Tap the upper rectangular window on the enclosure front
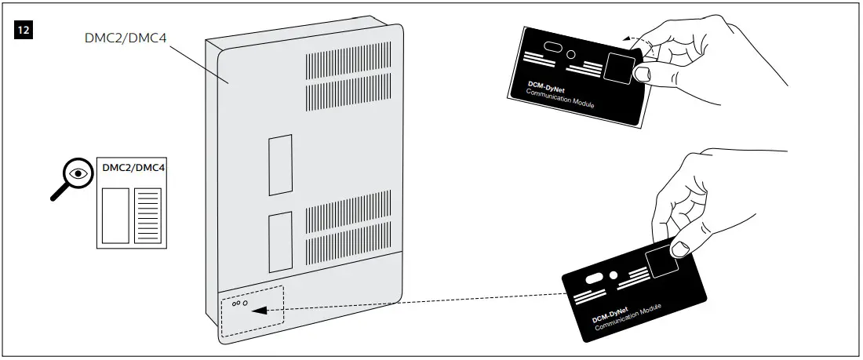(x=279, y=165)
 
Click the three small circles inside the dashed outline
(x=239, y=302)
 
